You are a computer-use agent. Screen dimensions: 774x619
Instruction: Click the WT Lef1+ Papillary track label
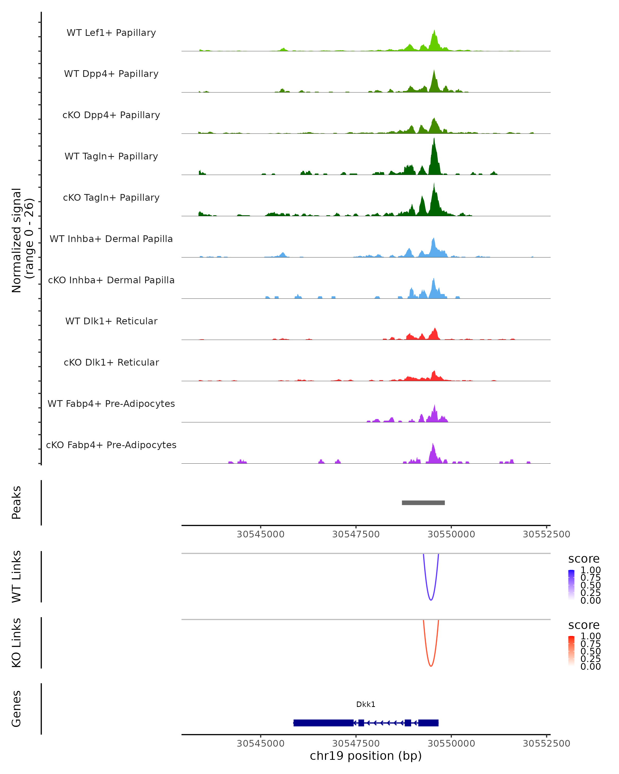111,33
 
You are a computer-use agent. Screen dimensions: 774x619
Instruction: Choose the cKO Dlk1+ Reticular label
111,362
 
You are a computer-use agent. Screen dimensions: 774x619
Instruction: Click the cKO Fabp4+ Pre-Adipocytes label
111,445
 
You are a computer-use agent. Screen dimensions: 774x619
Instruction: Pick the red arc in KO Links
431,666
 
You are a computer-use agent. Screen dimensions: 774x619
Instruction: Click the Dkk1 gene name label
366,704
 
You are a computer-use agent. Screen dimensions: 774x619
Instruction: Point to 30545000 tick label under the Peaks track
260,534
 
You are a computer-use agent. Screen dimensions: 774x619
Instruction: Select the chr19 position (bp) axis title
366,756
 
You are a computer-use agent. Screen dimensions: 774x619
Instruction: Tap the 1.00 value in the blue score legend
591,570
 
